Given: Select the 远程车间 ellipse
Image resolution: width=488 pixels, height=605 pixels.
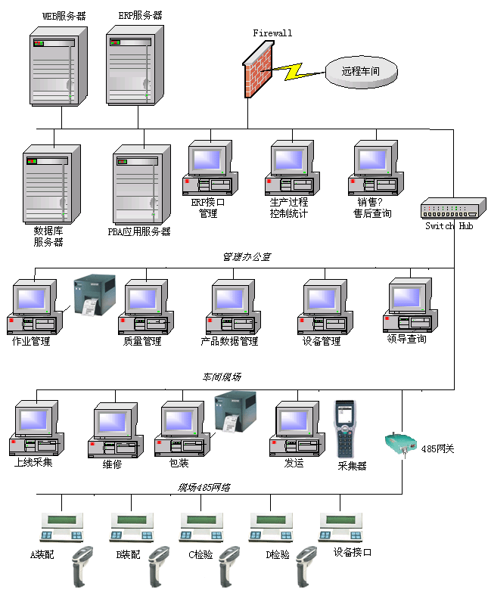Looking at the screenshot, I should (x=360, y=72).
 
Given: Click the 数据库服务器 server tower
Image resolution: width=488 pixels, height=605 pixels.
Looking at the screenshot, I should (x=51, y=185).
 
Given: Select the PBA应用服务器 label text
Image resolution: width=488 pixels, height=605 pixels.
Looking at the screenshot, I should (x=139, y=231).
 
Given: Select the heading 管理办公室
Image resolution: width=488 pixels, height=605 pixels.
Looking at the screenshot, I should (x=246, y=257).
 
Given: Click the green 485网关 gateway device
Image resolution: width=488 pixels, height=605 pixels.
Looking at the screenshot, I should (x=399, y=445).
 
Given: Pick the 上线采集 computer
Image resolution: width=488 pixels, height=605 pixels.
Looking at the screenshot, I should (x=35, y=430).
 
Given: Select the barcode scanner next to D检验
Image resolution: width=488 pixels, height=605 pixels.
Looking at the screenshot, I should (x=306, y=566).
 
